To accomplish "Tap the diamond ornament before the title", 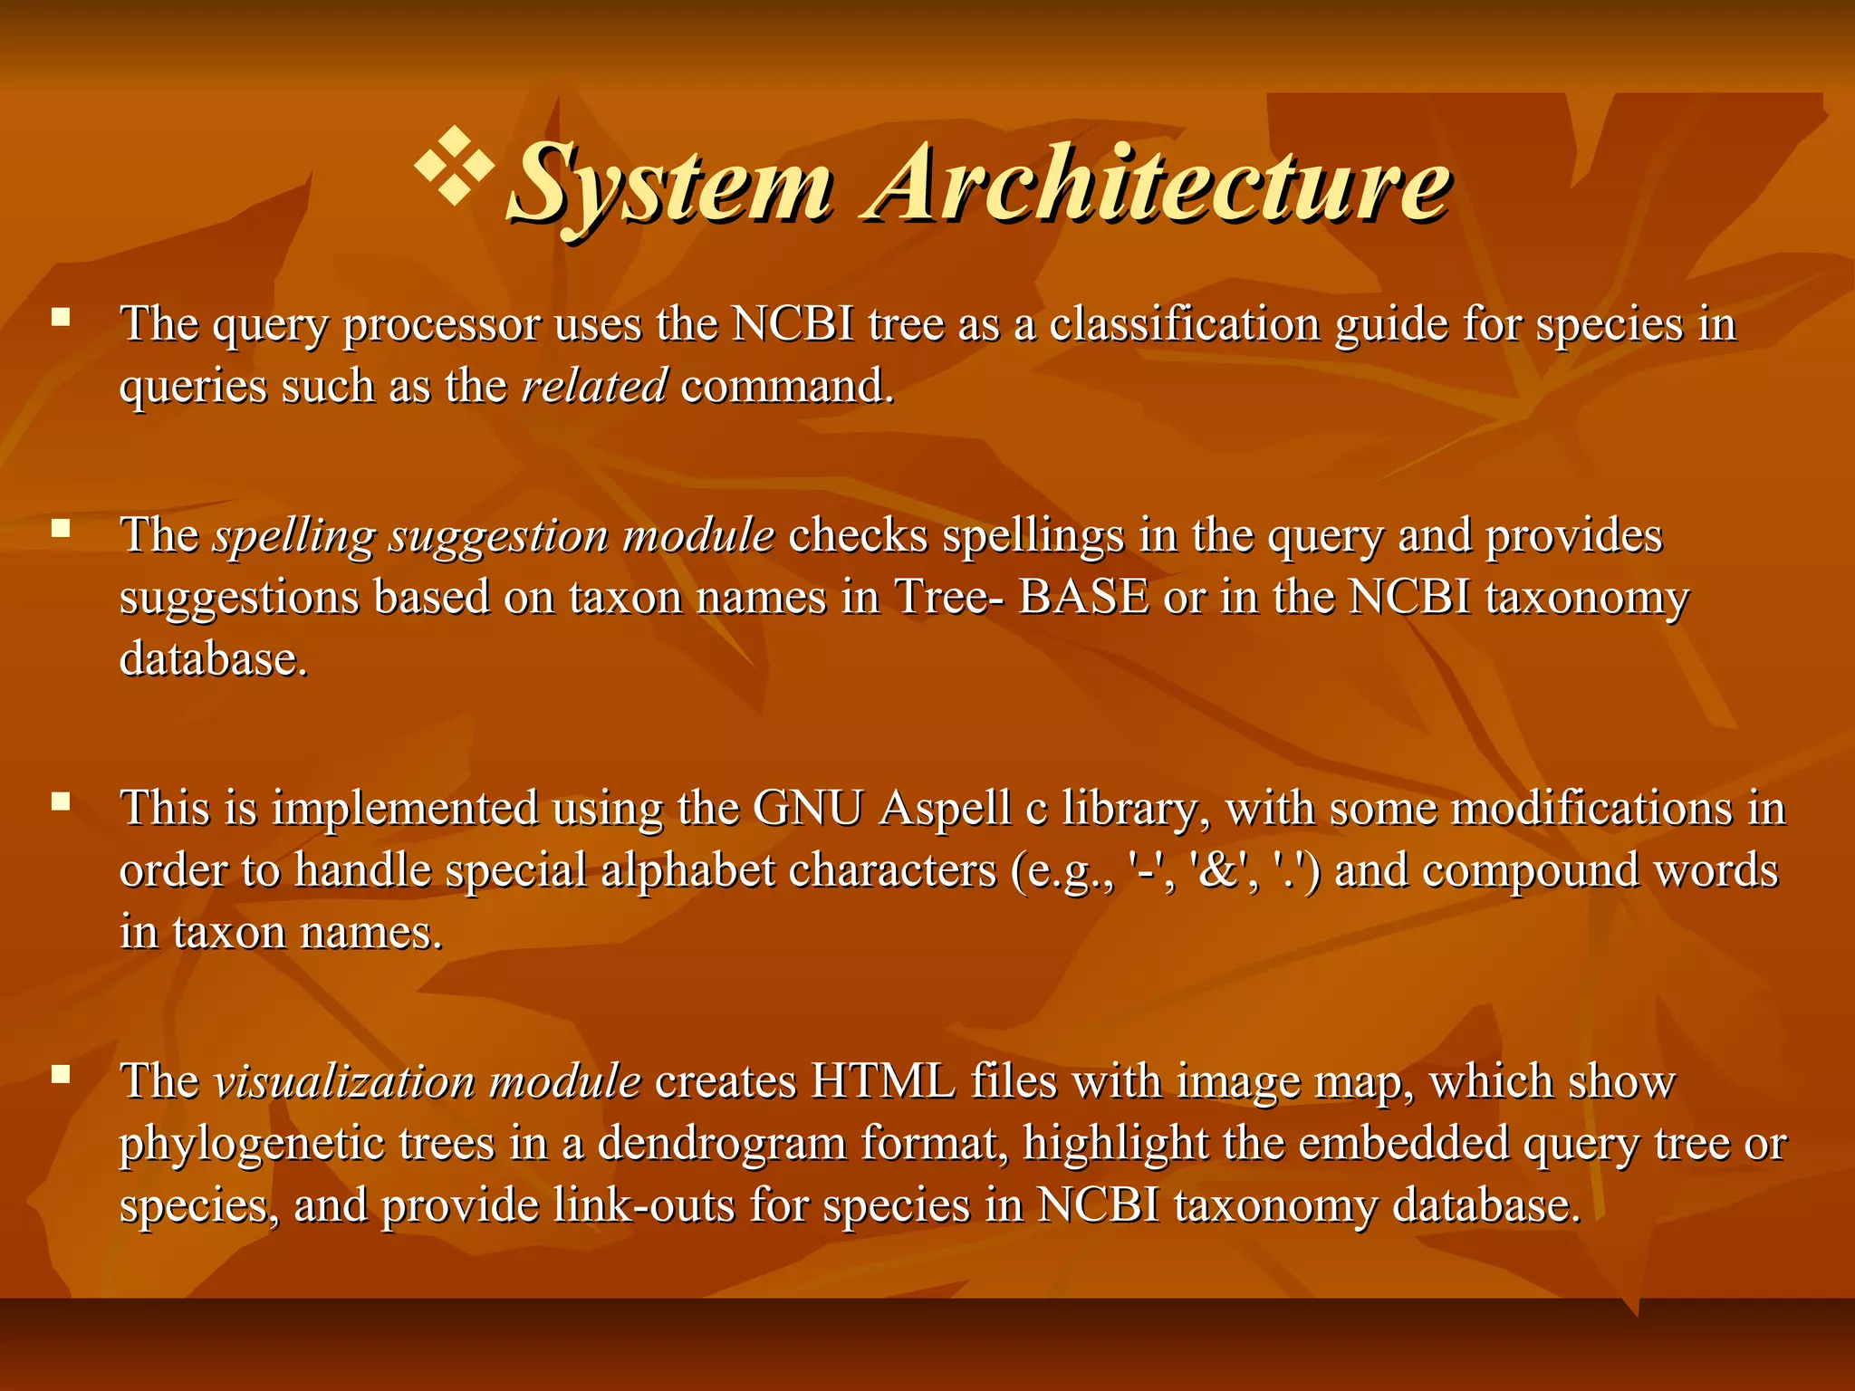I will pyautogui.click(x=455, y=165).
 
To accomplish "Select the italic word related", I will pyautogui.click(x=594, y=386).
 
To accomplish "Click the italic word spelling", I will pyautogui.click(x=293, y=536).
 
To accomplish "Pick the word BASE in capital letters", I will pyautogui.click(x=1083, y=597).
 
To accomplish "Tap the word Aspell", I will pyautogui.click(x=945, y=810).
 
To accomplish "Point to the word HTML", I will pyautogui.click(x=884, y=1081).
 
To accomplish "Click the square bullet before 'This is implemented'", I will pyautogui.click(x=61, y=801).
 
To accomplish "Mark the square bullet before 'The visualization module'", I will pyautogui.click(x=61, y=1074).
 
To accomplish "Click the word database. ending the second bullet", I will pyautogui.click(x=214, y=658).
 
